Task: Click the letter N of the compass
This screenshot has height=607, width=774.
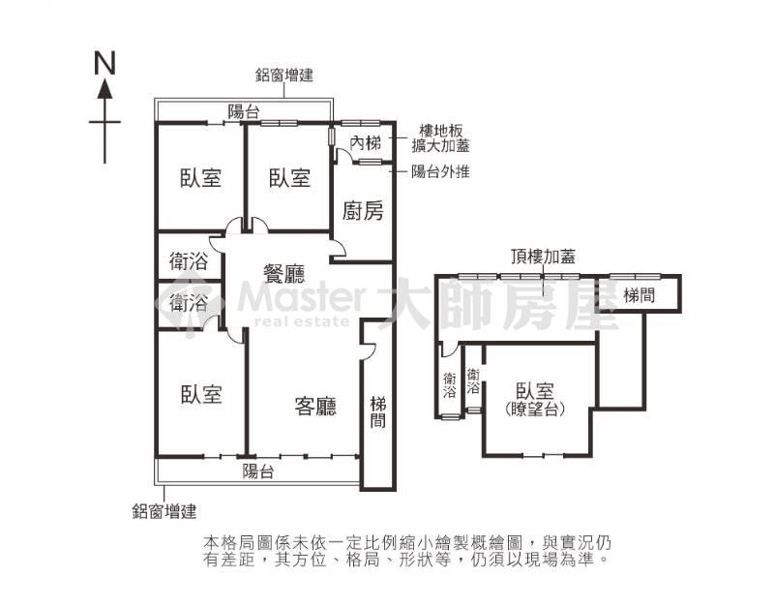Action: [105, 63]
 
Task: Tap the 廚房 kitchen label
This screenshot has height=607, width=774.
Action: [363, 211]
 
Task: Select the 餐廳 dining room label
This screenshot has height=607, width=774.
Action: [283, 273]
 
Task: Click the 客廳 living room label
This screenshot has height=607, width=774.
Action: [315, 406]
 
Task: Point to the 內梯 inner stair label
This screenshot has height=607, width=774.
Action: [366, 143]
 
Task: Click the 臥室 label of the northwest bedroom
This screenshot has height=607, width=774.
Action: [200, 178]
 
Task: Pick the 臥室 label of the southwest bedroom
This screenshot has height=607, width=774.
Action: [201, 394]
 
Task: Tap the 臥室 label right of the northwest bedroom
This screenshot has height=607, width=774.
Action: [289, 178]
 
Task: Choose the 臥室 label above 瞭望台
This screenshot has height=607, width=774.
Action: [535, 391]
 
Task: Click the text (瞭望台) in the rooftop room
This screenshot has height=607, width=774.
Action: [535, 410]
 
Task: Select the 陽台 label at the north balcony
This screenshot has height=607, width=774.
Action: [244, 111]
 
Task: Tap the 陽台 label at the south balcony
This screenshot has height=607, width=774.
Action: [257, 471]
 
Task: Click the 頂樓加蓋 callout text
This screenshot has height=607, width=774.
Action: [543, 257]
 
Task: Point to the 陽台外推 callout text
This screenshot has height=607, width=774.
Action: [441, 171]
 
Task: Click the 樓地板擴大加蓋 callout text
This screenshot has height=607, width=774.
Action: [441, 138]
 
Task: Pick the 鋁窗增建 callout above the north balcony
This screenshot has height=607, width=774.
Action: [284, 76]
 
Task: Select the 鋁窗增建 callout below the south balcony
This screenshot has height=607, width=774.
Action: [164, 511]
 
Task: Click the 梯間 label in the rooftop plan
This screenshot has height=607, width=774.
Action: [639, 295]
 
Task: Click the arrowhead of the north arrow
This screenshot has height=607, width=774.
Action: [104, 89]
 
